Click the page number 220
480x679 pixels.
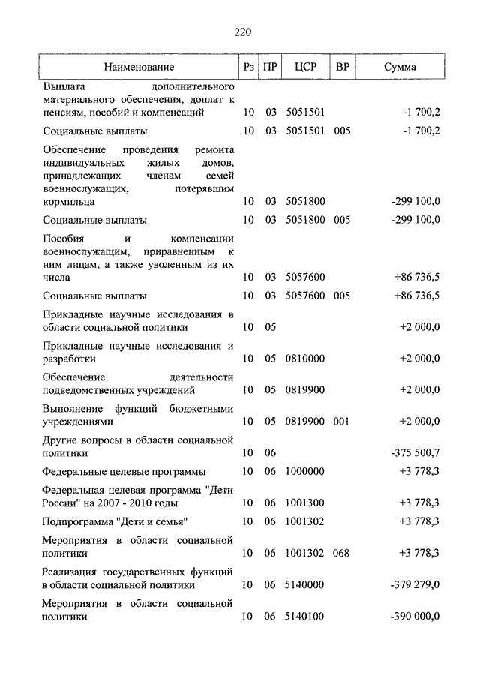coord(241,32)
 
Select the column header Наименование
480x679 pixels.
coord(139,68)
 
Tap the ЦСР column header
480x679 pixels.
coord(305,68)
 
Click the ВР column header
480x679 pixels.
coord(342,68)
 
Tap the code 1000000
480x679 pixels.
coord(305,471)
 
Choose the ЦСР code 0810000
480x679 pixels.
coord(305,359)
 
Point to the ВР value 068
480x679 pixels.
coord(342,553)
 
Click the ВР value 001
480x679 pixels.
coord(342,422)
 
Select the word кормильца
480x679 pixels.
coord(68,202)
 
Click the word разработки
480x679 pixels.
coord(70,359)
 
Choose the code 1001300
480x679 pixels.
coord(305,503)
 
